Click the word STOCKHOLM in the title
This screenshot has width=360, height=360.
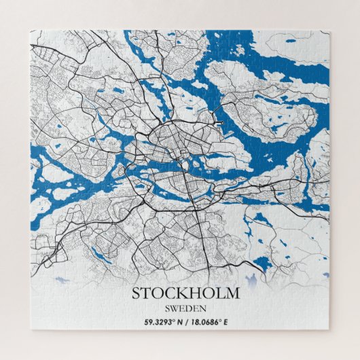point(185,293)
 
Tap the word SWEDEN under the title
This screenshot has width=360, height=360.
point(185,308)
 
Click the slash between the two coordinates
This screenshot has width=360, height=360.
point(185,321)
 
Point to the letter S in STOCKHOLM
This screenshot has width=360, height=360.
point(136,293)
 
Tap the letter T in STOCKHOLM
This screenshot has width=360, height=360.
point(147,293)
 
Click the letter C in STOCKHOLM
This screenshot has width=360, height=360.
point(171,293)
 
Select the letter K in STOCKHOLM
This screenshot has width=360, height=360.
point(183,293)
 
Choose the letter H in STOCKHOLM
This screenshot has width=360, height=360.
point(196,293)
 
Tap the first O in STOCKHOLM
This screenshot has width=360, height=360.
point(158,293)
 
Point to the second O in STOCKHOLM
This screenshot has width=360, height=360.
point(209,293)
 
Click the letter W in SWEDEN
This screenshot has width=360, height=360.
point(175,308)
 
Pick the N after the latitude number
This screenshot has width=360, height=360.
point(180,321)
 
